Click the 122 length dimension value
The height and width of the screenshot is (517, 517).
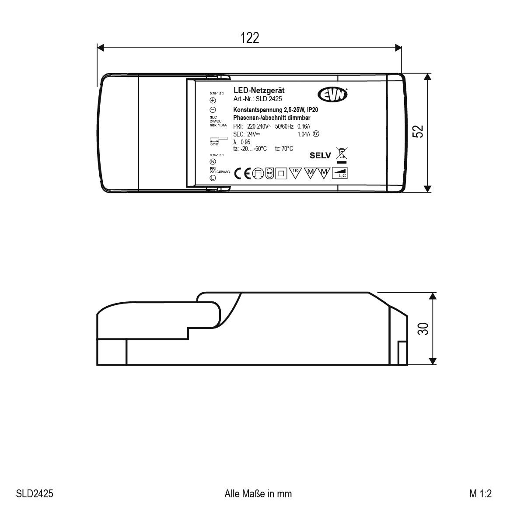(x=249, y=38)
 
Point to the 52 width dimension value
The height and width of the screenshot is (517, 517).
(x=419, y=132)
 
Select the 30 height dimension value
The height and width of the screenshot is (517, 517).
(x=423, y=328)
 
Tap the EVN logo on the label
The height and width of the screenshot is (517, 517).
(x=332, y=94)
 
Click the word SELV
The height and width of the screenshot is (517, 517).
(x=321, y=155)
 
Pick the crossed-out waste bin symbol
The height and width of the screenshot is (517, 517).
(x=342, y=154)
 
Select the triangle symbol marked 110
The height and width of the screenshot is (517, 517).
(x=295, y=173)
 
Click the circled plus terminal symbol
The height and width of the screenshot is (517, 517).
(x=213, y=100)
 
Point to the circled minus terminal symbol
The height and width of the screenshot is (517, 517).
(x=213, y=110)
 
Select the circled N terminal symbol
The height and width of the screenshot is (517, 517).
(x=213, y=161)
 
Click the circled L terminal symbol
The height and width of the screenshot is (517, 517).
(x=213, y=178)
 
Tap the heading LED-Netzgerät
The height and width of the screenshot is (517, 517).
(x=259, y=90)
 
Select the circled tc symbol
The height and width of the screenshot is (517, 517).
(x=316, y=134)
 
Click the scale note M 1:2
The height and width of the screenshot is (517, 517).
(x=481, y=494)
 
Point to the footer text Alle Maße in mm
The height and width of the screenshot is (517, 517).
(x=258, y=494)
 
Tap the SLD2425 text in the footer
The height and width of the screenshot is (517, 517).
(x=35, y=494)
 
